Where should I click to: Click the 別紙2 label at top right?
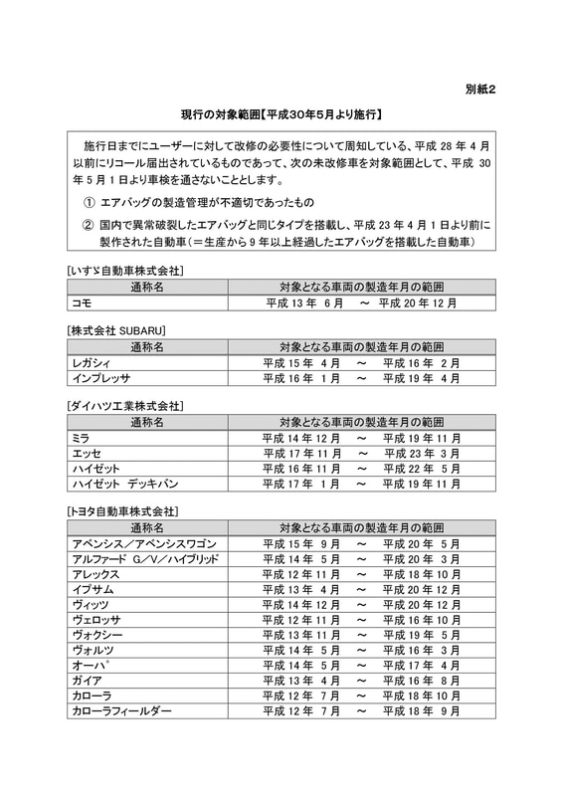[478, 91]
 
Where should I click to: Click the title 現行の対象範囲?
[281, 116]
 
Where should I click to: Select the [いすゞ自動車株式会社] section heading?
[124, 271]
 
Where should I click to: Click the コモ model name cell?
[83, 302]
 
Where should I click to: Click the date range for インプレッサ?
[361, 378]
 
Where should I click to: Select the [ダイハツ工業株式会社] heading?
[125, 406]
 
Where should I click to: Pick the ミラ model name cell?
[81, 438]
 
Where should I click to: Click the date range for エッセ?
[361, 453]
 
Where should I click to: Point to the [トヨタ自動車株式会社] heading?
[123, 511]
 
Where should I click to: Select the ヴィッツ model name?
[91, 605]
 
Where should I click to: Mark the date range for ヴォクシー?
[361, 635]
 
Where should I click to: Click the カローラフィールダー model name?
[121, 711]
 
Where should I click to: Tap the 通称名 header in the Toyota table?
[147, 527]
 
